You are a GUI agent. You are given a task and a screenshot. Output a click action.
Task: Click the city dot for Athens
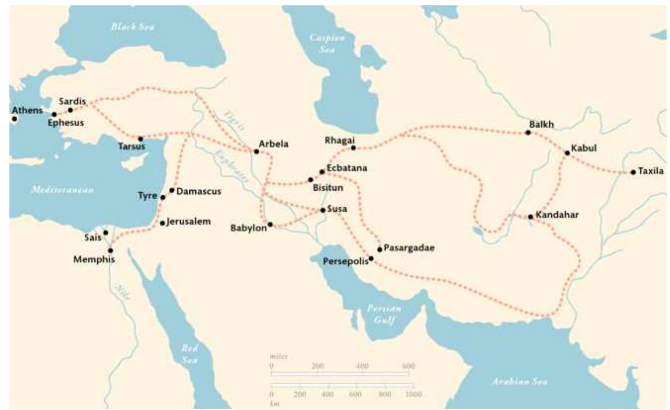tap(14, 119)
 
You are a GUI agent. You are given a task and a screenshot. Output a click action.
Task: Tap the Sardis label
tap(72, 102)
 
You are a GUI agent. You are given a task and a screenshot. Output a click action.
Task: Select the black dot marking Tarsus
tap(141, 139)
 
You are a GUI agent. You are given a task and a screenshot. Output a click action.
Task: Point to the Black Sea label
tap(133, 27)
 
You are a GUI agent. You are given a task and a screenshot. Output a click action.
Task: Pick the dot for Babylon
tap(270, 224)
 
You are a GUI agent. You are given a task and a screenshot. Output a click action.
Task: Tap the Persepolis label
tap(345, 261)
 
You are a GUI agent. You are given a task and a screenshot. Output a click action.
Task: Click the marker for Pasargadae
tap(380, 250)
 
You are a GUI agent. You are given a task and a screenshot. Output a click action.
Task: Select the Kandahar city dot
tap(530, 217)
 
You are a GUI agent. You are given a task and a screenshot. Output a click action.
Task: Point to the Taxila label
tap(651, 171)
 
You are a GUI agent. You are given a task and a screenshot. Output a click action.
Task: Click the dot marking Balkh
tap(528, 132)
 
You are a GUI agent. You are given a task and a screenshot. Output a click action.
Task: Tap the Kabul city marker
tap(567, 153)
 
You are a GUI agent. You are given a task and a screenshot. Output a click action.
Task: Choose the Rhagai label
tap(339, 140)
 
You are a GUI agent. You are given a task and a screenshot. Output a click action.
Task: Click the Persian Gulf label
tap(384, 314)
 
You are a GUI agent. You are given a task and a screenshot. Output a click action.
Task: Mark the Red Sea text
tap(190, 354)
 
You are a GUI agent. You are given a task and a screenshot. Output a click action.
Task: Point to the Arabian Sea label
tap(520, 381)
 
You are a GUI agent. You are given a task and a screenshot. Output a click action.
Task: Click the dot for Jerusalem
tap(163, 223)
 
